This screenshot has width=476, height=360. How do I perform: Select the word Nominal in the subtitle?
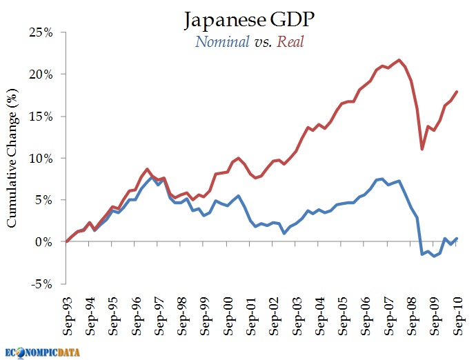(222, 42)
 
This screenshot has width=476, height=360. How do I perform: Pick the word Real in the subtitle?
(290, 42)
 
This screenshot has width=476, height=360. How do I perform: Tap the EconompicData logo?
(43, 352)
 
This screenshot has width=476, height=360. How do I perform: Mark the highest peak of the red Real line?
(399, 60)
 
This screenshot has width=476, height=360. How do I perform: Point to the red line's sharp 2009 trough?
(422, 149)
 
